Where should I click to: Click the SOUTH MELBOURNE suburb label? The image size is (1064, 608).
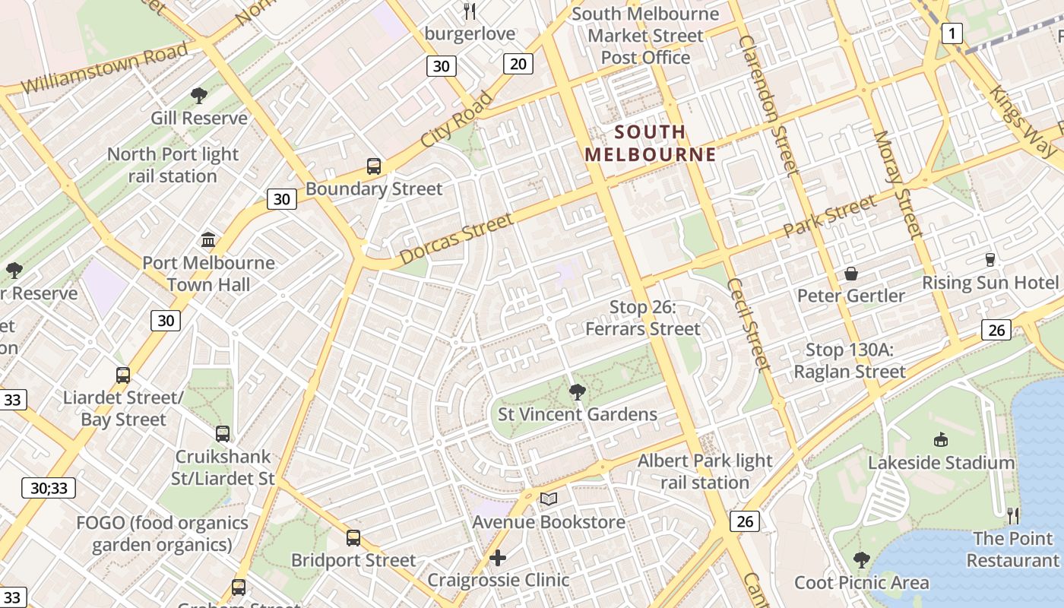[x=650, y=143]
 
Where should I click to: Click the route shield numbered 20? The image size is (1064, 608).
[x=518, y=64]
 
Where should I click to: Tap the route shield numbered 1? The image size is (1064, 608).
[x=952, y=33]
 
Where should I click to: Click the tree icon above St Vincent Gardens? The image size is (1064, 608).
[x=577, y=392]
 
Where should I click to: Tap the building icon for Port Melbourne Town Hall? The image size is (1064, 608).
[x=208, y=240]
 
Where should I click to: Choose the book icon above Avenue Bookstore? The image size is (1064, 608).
[x=548, y=499]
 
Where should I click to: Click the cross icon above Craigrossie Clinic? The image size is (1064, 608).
[x=498, y=558]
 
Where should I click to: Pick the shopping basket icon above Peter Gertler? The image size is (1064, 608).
[x=850, y=274]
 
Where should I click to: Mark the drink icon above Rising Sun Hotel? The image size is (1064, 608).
[x=990, y=260]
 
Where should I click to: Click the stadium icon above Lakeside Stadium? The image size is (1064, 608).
[x=941, y=439]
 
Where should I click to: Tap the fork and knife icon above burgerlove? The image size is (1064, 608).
[x=470, y=11]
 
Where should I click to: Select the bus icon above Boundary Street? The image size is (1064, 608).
[x=373, y=166]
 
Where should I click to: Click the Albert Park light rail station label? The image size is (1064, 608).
[x=705, y=471]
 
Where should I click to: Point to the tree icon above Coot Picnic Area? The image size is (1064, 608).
[x=861, y=560]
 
